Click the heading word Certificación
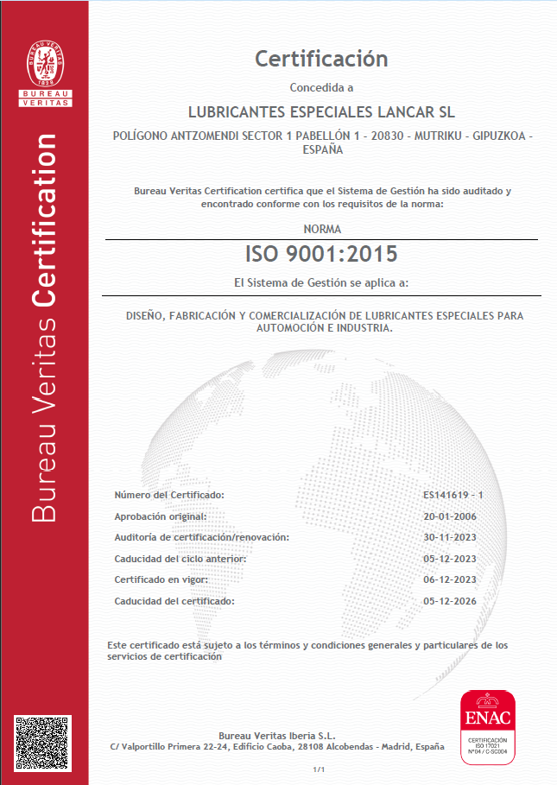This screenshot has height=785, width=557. [x=321, y=59]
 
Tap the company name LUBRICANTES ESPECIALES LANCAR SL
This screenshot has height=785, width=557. [x=321, y=112]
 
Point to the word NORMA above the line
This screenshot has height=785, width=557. [x=322, y=229]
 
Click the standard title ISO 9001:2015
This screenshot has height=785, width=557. [x=321, y=254]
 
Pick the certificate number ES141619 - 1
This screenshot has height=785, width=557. [x=453, y=495]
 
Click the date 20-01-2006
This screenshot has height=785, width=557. [x=450, y=516]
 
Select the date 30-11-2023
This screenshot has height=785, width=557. [x=450, y=537]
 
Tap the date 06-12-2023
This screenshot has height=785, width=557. [x=450, y=579]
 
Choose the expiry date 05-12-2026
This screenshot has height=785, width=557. [x=450, y=600]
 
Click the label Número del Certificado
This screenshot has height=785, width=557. [x=169, y=495]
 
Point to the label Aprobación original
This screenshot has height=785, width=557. [x=161, y=516]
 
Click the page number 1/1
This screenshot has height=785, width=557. [x=319, y=769]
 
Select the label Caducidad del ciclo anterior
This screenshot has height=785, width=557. [x=180, y=559]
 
